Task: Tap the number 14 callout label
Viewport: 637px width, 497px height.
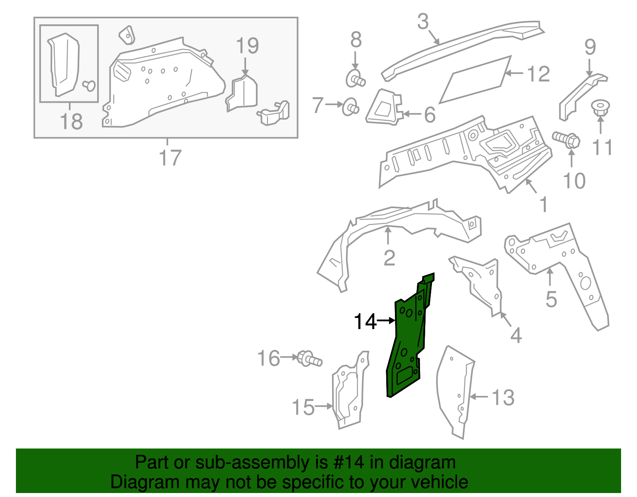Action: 365,322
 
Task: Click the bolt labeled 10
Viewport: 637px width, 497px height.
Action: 567,140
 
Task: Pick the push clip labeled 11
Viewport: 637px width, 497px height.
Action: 600,108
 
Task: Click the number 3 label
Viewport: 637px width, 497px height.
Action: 423,21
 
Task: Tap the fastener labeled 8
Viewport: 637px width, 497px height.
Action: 355,79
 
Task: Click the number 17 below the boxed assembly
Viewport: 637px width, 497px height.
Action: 170,158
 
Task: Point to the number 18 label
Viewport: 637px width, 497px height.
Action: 72,121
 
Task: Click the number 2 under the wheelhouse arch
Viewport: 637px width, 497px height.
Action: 389,258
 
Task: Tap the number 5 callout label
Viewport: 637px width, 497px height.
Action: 551,299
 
